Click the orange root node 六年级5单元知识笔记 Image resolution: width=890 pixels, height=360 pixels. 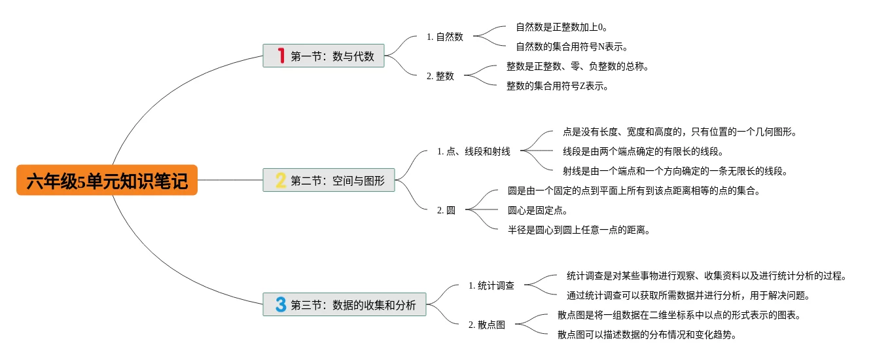[x=107, y=180]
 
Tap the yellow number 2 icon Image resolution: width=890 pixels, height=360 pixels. [x=281, y=180]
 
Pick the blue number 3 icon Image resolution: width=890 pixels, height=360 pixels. [x=281, y=304]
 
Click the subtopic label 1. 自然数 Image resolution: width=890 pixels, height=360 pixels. [x=445, y=37]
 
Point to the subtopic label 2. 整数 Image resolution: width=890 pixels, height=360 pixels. [x=440, y=76]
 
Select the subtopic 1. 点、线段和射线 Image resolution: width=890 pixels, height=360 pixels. [x=474, y=152]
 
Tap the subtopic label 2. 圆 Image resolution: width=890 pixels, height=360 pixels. [x=446, y=210]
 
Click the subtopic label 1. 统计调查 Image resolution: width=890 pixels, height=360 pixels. [x=491, y=285]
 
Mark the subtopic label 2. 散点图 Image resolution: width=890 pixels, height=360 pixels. [x=487, y=325]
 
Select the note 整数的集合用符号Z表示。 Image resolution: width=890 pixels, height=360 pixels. [x=558, y=86]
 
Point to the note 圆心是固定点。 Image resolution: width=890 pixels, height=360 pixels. [x=538, y=210]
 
